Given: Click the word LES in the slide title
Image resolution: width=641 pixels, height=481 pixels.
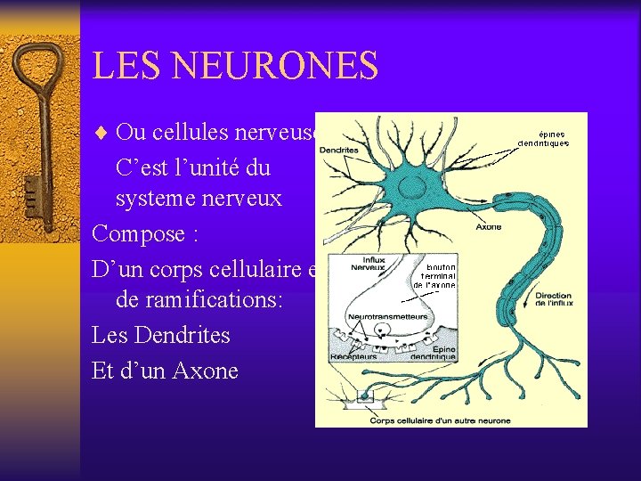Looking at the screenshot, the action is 124,66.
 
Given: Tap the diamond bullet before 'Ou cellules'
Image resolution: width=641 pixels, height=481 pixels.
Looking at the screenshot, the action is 101,134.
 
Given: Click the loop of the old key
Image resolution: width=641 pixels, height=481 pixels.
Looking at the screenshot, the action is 37,66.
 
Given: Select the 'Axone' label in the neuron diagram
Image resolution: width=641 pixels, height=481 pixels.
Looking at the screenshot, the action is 488,226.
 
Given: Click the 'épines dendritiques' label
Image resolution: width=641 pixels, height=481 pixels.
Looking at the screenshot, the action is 544,139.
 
